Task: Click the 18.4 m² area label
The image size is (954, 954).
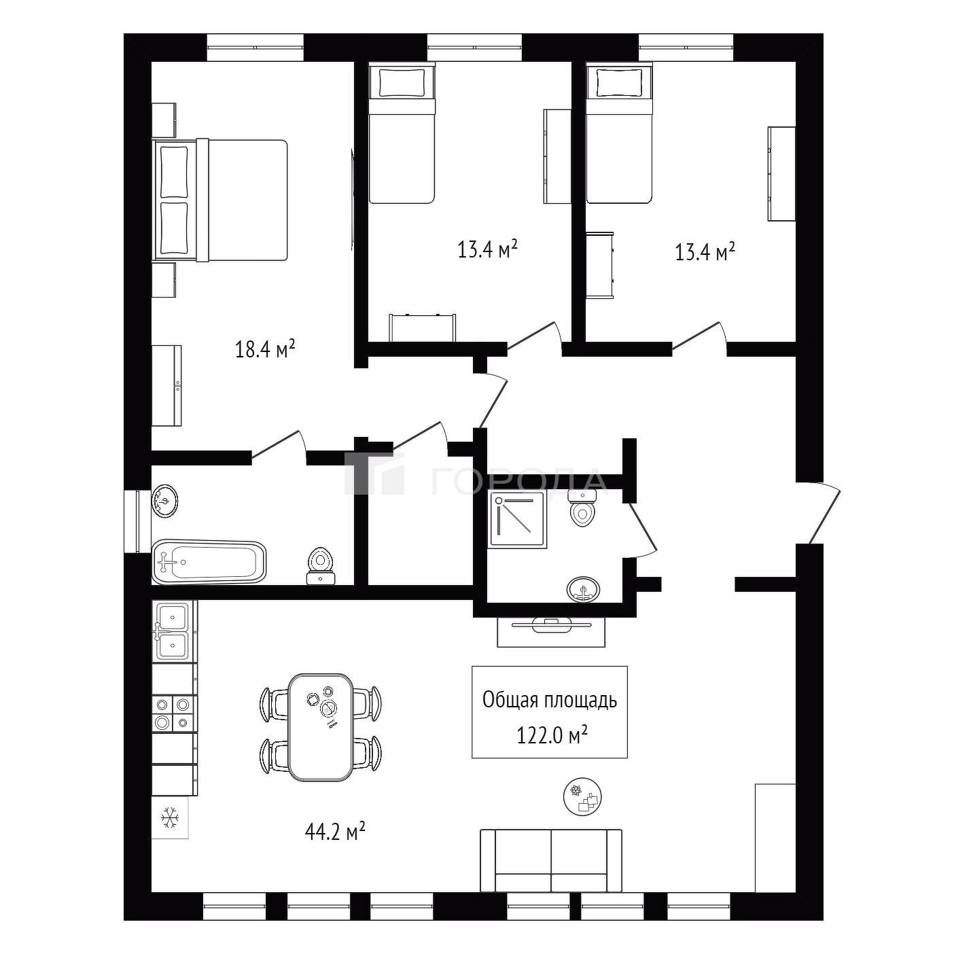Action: [x=266, y=349]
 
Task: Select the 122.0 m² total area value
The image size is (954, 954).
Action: [x=552, y=736]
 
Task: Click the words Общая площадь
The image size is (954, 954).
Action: [x=550, y=701]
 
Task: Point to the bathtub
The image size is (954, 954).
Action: [x=209, y=562]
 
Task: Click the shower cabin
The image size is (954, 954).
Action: [x=517, y=519]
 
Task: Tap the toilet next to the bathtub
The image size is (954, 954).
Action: [x=320, y=566]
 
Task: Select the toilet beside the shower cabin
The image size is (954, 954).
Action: [x=582, y=508]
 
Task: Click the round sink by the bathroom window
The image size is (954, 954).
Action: [x=164, y=501]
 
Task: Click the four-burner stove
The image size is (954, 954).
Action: [x=173, y=713]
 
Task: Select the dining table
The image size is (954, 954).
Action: [x=321, y=727]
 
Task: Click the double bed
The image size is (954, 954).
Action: [x=220, y=200]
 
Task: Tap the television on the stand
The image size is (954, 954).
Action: [x=551, y=625]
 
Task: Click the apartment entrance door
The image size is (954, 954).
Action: [x=824, y=514]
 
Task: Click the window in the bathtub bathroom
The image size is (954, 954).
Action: [x=137, y=521]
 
